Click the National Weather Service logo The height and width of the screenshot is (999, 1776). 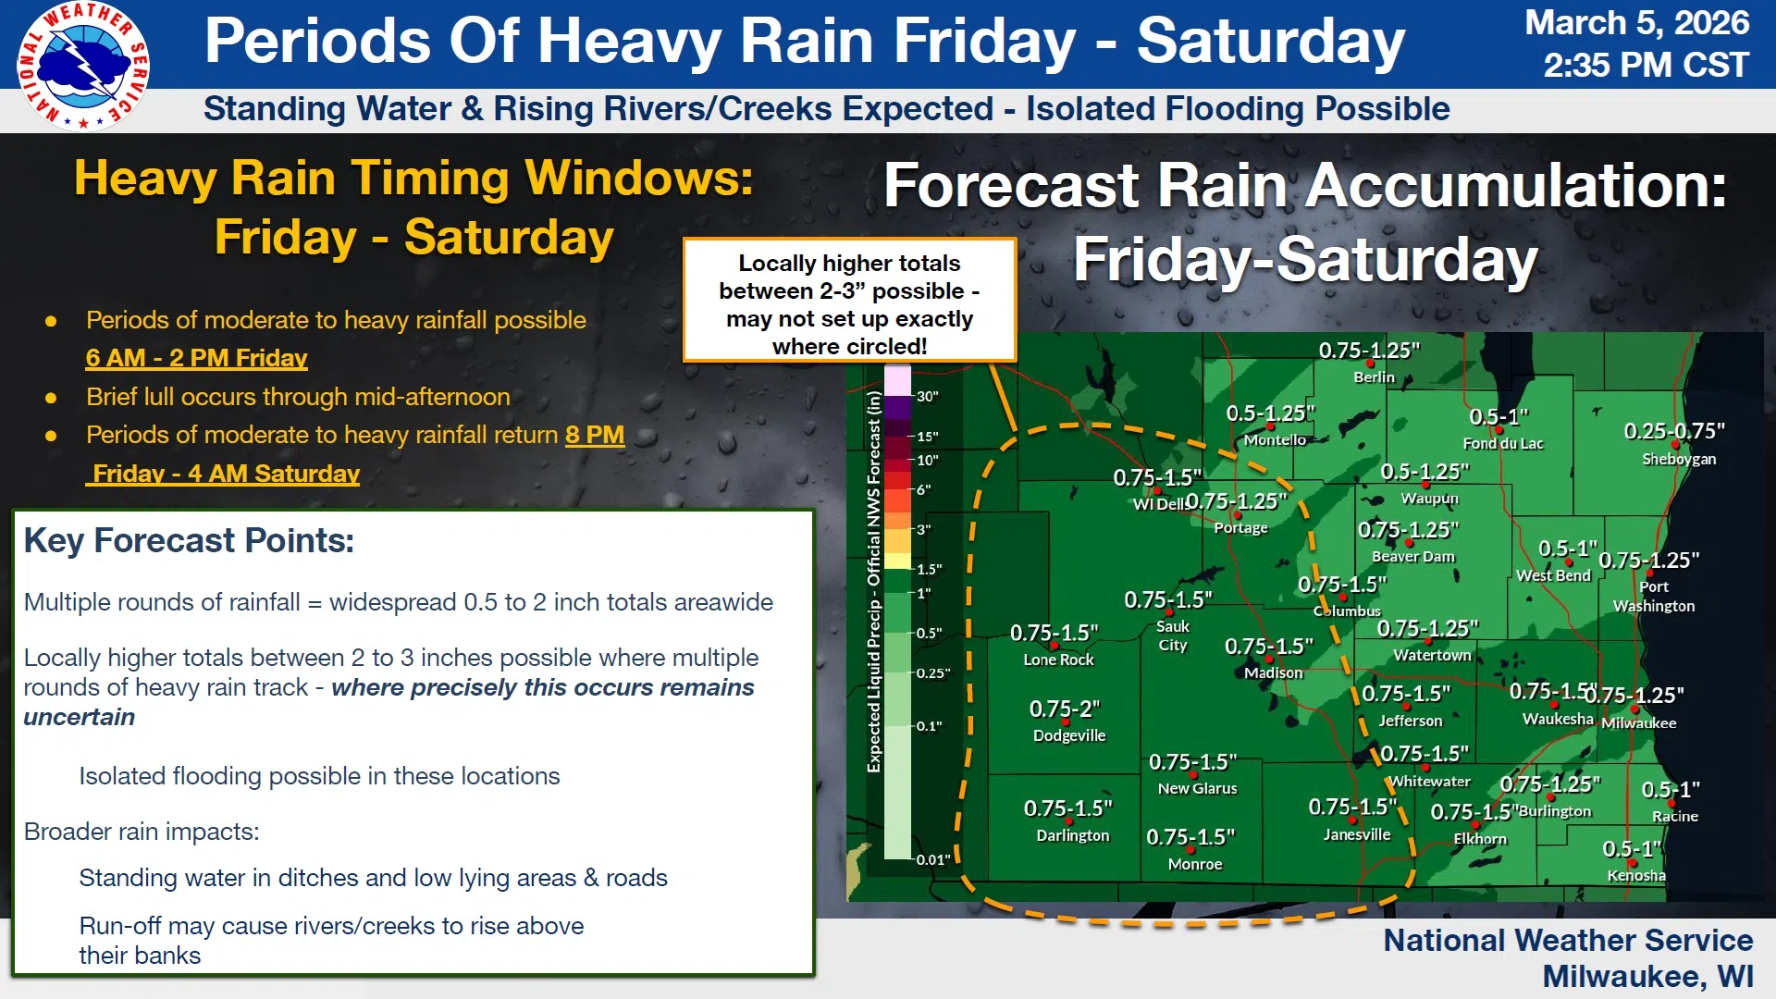tap(83, 66)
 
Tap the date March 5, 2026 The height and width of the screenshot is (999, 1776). tap(1636, 22)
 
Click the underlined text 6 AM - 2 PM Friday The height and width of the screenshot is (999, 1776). tap(196, 358)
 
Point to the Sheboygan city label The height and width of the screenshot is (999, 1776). tap(1679, 459)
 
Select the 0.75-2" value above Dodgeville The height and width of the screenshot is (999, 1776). tap(1065, 709)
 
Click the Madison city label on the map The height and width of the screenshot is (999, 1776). tap(1273, 672)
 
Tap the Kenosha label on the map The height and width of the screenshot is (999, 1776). tap(1636, 875)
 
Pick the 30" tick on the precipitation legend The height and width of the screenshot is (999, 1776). tap(927, 396)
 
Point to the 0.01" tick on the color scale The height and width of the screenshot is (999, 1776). tap(933, 859)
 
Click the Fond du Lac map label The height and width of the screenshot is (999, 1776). tap(1503, 443)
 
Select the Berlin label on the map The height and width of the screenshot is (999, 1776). tap(1374, 376)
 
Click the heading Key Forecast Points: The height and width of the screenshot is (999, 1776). tap(189, 540)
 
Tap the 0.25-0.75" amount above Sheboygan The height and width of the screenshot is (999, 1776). tap(1674, 431)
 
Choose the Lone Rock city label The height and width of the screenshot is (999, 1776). tap(1058, 660)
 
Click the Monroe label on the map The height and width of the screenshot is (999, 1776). tap(1195, 864)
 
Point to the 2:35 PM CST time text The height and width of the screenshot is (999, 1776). tap(1646, 65)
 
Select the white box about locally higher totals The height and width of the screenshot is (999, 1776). tap(849, 301)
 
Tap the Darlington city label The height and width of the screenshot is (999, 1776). tap(1073, 835)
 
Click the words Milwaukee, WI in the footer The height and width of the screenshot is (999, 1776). tap(1647, 977)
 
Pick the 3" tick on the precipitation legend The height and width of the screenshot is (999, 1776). tap(923, 530)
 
